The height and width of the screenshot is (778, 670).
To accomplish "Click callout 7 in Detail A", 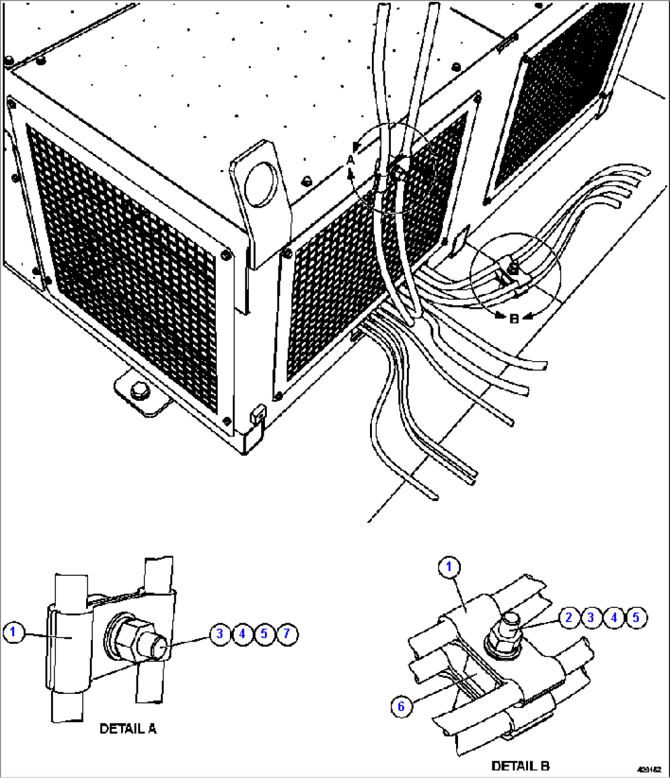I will [x=286, y=633].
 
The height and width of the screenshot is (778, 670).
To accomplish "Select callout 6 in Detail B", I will [x=401, y=706].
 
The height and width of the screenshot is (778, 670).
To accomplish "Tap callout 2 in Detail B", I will [x=569, y=617].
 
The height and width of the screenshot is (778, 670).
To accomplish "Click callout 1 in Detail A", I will [x=15, y=631].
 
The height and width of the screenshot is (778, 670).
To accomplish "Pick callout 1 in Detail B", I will [x=449, y=567].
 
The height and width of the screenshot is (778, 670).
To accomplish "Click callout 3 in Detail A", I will [x=219, y=633].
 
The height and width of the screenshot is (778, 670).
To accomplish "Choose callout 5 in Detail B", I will [x=636, y=617].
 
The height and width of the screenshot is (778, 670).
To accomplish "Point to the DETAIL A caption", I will [x=128, y=729].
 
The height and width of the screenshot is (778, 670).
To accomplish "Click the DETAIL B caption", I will [x=520, y=766].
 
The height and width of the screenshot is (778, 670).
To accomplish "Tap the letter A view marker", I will [x=350, y=160].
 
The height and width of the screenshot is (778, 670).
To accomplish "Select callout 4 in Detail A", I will [x=242, y=633].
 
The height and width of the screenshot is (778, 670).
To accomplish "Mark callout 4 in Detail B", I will [x=614, y=617].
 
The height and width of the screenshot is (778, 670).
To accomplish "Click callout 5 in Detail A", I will [x=264, y=633].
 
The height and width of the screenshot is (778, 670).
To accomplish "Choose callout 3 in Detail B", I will [x=591, y=617].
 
